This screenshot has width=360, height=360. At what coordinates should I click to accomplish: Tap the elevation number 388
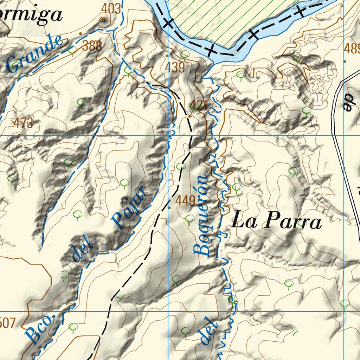(92, 46)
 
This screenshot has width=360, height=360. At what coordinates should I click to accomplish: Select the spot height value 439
(176, 67)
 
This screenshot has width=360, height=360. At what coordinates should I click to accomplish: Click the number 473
(24, 123)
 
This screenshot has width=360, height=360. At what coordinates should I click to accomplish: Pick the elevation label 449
(185, 201)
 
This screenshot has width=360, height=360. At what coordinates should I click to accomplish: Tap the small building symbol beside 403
(102, 19)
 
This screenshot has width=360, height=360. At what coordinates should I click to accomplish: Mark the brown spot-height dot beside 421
(190, 116)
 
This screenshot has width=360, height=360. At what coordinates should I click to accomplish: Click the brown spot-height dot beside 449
(170, 207)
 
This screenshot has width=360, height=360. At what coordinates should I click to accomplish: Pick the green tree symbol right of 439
(185, 54)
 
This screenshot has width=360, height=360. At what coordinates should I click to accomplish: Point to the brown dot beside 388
(81, 34)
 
